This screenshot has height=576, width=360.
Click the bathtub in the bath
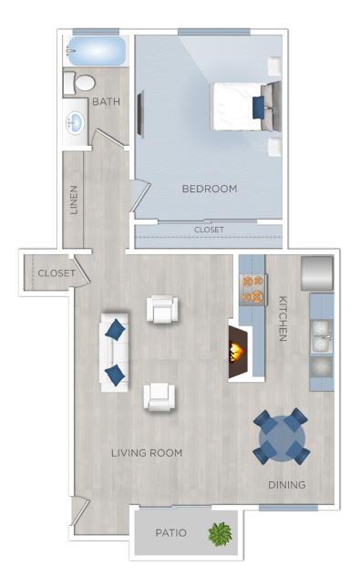coord(95,51)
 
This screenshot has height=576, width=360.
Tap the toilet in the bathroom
coord(80,84)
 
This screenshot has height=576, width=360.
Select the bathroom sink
coord(75,123)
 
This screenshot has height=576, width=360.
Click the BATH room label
coord(107,102)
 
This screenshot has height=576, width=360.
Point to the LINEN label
coord(74,201)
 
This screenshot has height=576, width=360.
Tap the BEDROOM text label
coord(209,189)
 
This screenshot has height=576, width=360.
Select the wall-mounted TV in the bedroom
coord(139,114)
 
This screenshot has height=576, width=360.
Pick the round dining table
coord(281,437)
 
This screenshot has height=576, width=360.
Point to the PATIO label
coord(170,533)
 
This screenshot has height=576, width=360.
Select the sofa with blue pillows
coord(114,351)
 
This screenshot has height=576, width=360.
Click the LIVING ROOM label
coord(147,452)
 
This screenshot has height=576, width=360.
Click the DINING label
coord(286,484)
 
